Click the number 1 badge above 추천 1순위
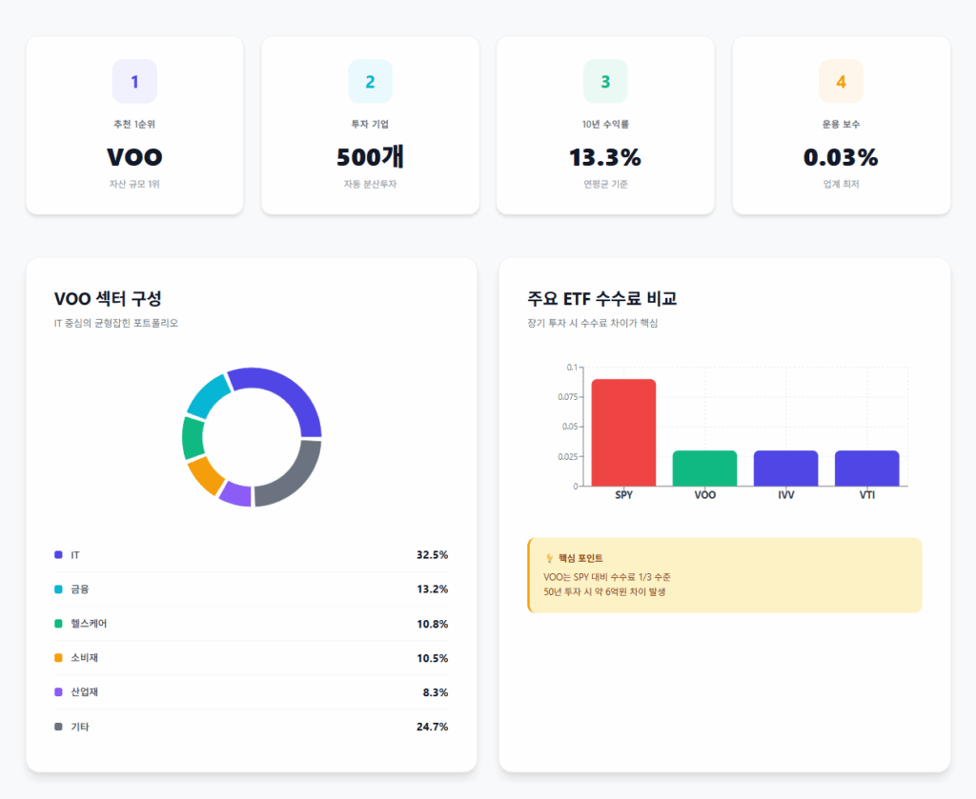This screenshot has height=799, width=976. click(134, 82)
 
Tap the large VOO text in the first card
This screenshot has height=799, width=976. click(134, 157)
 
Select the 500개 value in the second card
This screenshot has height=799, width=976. click(370, 157)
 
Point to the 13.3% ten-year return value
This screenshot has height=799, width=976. click(605, 157)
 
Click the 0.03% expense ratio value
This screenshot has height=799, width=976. click(841, 157)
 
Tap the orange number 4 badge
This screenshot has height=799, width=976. click(841, 82)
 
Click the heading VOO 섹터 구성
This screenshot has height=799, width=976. click(114, 299)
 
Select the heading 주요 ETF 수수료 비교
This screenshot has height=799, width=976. click(601, 299)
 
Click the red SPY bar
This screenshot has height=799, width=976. click(623, 432)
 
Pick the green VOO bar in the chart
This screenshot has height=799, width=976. click(704, 468)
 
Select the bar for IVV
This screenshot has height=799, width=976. click(785, 468)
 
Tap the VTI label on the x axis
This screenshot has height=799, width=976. click(866, 495)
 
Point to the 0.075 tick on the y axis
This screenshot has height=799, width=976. click(566, 397)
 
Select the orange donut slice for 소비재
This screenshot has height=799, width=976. click(205, 474)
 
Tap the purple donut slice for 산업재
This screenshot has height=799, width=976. click(235, 493)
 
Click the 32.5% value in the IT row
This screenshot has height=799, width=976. click(432, 555)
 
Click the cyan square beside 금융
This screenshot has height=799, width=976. click(59, 589)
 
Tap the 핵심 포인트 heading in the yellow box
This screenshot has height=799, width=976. click(580, 558)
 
